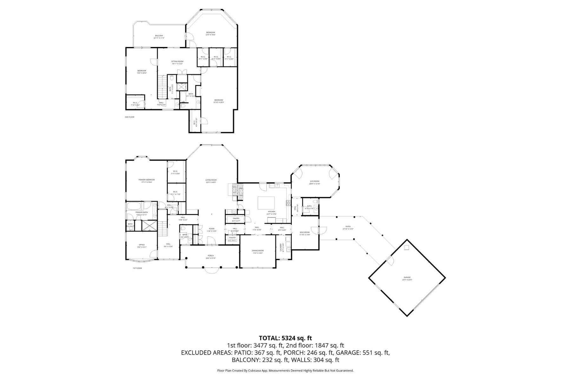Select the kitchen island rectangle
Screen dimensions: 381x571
point(266,203)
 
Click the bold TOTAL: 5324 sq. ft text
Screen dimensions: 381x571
point(285,338)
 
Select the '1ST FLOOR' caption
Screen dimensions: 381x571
point(137,268)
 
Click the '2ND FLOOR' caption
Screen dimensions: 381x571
point(129,117)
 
